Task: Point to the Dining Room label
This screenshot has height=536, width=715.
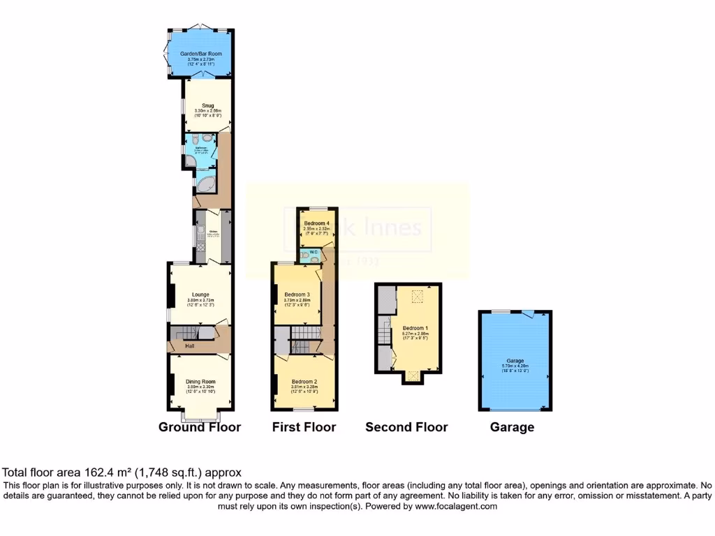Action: click(200, 381)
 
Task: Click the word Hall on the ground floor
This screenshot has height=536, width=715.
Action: click(189, 345)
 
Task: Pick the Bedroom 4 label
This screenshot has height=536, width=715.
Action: click(316, 223)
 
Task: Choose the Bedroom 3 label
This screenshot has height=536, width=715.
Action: click(297, 295)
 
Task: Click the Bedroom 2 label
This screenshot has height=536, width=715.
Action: click(304, 382)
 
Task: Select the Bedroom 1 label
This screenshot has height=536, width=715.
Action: click(415, 328)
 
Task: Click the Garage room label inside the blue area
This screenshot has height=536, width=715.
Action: click(515, 361)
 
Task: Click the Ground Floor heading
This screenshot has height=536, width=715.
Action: click(200, 427)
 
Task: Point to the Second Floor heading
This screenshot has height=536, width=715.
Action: click(406, 427)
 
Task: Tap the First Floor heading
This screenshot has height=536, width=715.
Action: click(304, 427)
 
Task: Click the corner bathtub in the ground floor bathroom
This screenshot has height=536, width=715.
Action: click(206, 185)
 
